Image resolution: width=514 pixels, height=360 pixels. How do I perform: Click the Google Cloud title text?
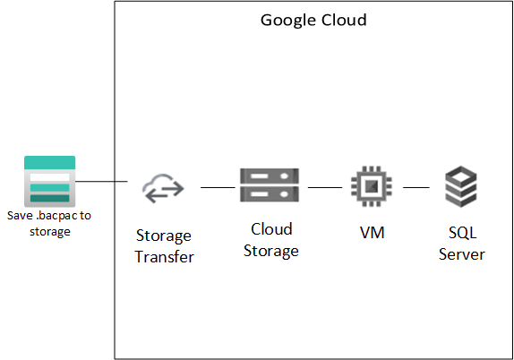(313, 20)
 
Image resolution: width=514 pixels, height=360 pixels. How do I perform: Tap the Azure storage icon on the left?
(49, 182)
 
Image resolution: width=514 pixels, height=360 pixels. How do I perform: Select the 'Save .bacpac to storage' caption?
(49, 224)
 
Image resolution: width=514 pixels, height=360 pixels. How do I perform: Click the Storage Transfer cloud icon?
(164, 188)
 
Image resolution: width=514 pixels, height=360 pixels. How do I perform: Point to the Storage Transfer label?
(164, 246)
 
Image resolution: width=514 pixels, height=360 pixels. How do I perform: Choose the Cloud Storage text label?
(270, 240)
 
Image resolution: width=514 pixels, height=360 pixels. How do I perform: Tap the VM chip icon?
(372, 187)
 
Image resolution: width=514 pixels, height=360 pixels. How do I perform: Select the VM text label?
(372, 232)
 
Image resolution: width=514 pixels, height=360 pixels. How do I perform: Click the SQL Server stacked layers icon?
(462, 187)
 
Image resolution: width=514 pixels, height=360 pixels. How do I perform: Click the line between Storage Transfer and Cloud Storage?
(217, 188)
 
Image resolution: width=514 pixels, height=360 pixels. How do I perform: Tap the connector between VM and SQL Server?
(416, 188)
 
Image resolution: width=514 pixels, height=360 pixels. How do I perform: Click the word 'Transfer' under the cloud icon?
(165, 257)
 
